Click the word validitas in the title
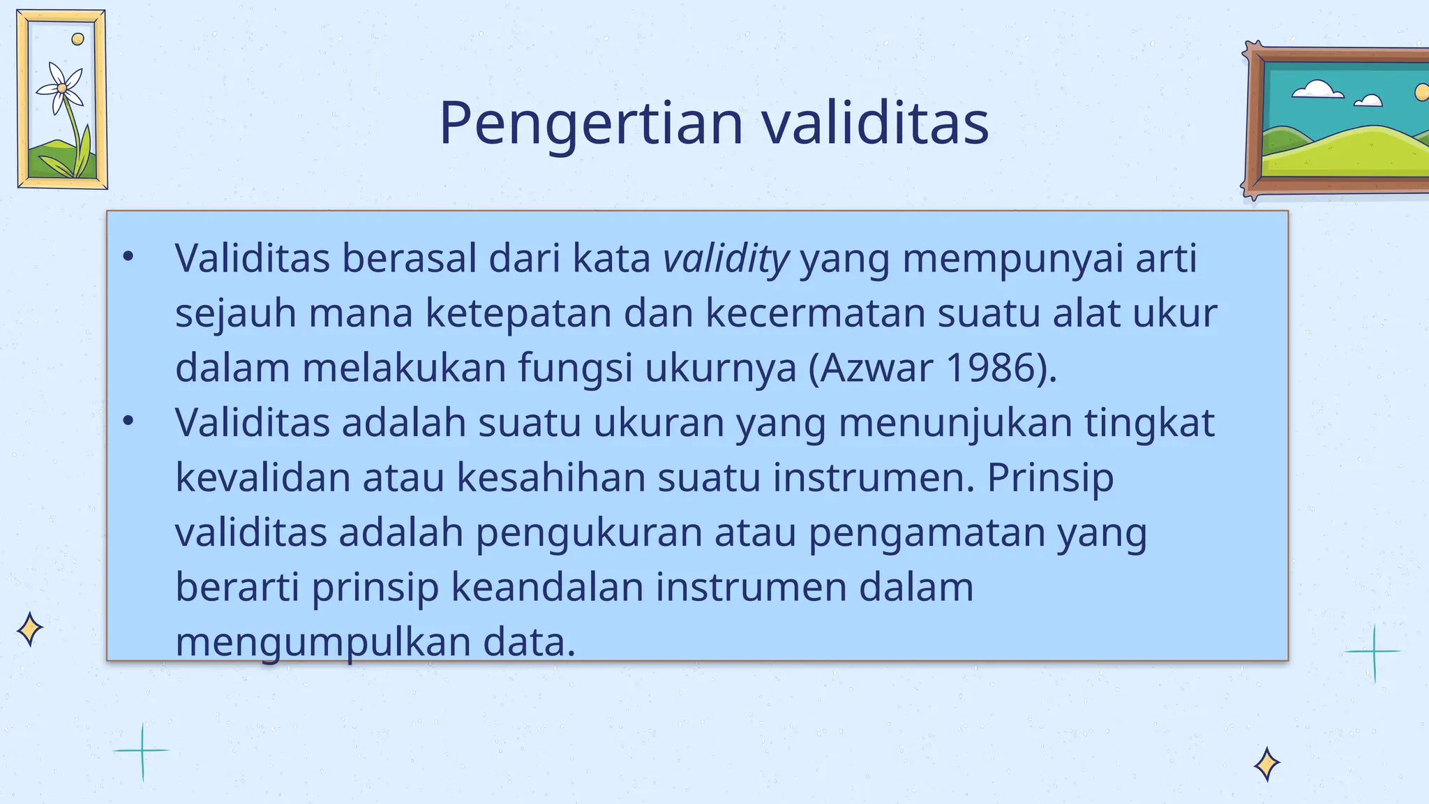(x=875, y=124)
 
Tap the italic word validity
(x=726, y=258)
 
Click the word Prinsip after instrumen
(x=1050, y=478)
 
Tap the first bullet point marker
(x=128, y=258)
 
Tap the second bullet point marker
(x=128, y=422)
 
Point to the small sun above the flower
(x=78, y=39)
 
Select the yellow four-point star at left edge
(x=29, y=630)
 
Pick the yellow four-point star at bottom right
(x=1266, y=764)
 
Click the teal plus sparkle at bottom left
(x=142, y=751)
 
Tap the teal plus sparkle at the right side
(x=1373, y=652)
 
